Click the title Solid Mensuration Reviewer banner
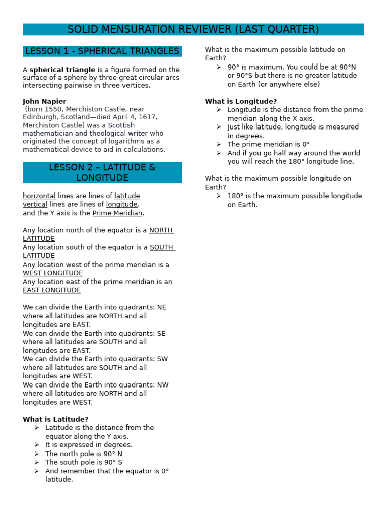click(193, 30)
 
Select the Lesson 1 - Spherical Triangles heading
click(102, 51)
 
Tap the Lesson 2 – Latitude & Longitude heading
click(102, 173)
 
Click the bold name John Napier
click(44, 101)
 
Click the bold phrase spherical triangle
click(62, 70)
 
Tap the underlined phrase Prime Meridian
click(118, 213)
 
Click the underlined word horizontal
click(39, 196)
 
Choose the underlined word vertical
click(35, 205)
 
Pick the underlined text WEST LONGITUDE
click(53, 273)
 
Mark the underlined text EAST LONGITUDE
click(52, 290)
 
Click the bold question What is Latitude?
click(55, 419)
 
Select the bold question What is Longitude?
click(241, 101)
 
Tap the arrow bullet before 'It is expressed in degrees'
click(37, 445)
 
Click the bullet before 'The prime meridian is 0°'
click(219, 144)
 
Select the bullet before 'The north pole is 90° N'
click(37, 454)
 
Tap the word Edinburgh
click(39, 117)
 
